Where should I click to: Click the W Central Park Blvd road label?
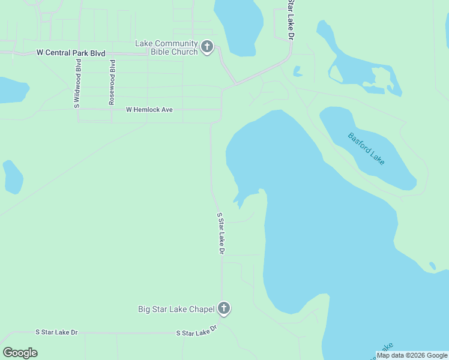click(x=71, y=53)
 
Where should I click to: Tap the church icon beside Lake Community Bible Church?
click(x=206, y=47)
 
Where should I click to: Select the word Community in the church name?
click(x=175, y=43)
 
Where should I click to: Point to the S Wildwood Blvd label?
click(x=77, y=84)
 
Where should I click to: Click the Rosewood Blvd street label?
click(x=112, y=82)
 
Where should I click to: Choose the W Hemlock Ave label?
click(x=149, y=110)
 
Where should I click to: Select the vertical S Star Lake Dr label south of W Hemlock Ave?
click(x=220, y=233)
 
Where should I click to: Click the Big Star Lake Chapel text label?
click(x=176, y=310)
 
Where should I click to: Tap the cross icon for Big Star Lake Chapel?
click(x=223, y=309)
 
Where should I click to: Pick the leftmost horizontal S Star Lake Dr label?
click(x=56, y=332)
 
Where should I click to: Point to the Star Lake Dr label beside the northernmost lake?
click(x=291, y=19)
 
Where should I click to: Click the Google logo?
click(x=20, y=353)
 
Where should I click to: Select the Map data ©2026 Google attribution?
click(x=412, y=355)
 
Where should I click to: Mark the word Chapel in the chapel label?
click(x=201, y=310)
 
